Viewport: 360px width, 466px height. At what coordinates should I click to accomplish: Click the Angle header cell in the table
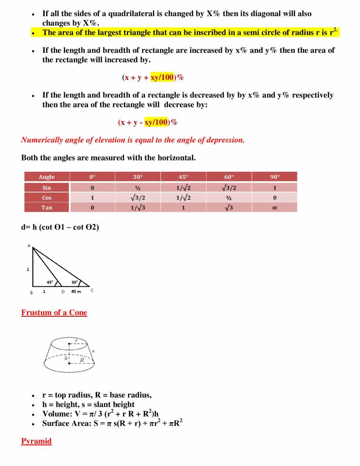(47, 177)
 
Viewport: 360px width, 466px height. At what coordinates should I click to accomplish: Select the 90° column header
(274, 177)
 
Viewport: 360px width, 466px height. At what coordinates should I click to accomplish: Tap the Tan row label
(47, 207)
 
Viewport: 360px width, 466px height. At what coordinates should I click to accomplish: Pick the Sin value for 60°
(229, 187)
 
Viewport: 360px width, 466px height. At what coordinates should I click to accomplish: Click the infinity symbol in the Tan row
(274, 208)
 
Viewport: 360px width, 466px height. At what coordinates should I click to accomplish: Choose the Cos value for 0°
(92, 198)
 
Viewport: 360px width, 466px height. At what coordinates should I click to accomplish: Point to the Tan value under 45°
(183, 208)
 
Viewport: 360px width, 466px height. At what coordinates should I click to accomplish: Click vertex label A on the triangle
(29, 246)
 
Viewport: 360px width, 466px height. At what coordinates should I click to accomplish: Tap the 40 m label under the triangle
(76, 291)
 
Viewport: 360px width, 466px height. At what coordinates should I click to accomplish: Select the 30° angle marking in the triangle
(75, 282)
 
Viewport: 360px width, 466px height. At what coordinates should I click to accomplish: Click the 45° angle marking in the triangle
(49, 282)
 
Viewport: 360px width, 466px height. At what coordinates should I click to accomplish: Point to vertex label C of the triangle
(92, 290)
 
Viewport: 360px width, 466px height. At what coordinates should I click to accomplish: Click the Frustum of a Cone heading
(54, 313)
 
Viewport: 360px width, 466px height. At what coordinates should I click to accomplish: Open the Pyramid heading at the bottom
(36, 441)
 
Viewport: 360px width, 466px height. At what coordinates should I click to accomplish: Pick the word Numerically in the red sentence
(42, 140)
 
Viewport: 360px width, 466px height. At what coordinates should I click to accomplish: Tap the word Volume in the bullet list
(56, 414)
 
